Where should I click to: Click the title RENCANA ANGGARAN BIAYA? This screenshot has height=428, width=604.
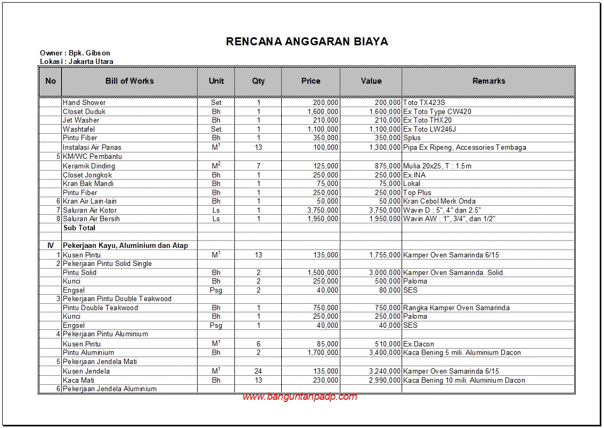point(307,42)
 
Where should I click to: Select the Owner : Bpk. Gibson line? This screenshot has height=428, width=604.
point(75,53)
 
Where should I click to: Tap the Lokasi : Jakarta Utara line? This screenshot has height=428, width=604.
point(76,61)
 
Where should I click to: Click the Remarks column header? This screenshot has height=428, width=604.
point(488,81)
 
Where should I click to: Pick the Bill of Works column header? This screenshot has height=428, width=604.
point(129,81)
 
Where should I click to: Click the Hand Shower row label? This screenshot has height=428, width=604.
point(84,102)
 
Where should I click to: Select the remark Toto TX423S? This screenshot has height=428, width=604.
point(423,102)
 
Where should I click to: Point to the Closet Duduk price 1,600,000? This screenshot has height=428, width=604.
point(323,111)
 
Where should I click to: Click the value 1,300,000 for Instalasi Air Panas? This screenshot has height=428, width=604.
point(385,147)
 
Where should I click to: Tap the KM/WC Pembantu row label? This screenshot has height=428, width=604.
point(89,157)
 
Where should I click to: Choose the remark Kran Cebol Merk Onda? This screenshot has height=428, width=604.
point(438,201)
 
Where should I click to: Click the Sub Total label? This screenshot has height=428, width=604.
point(79,228)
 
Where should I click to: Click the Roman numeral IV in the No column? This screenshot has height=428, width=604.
point(51,245)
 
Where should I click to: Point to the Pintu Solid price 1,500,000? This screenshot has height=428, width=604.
point(323,272)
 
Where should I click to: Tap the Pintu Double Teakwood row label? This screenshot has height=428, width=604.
point(100,308)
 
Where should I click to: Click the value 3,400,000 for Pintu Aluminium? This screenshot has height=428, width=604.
point(385,352)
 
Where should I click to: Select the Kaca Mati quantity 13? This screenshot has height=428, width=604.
point(258,380)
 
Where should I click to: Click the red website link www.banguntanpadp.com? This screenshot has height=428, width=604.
point(299,397)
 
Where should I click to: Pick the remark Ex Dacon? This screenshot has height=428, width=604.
point(419,344)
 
